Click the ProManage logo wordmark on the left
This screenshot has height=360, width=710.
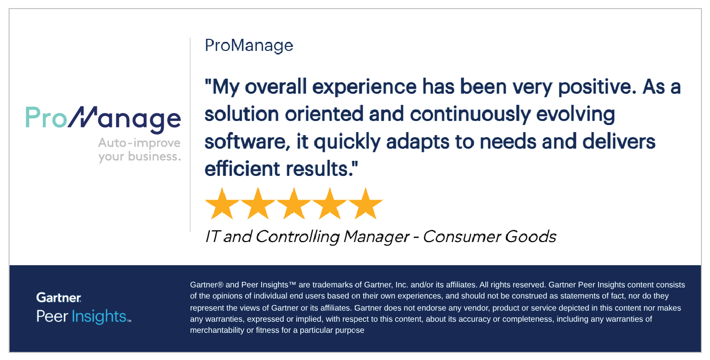[103, 119]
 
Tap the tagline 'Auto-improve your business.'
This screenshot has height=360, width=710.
[140, 150]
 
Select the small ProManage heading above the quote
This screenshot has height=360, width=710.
[249, 46]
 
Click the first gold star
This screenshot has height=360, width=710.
[222, 204]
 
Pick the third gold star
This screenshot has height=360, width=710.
[294, 204]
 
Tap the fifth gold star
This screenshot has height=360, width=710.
[366, 204]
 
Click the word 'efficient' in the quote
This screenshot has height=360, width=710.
[242, 168]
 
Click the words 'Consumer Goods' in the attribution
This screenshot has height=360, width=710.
[489, 236]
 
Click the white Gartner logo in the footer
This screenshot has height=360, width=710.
[58, 297]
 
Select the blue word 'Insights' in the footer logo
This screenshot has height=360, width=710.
[99, 317]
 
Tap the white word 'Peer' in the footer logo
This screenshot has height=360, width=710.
[52, 317]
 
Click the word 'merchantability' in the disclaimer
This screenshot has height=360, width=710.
[217, 330]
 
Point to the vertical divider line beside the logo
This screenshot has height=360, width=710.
[190, 135]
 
